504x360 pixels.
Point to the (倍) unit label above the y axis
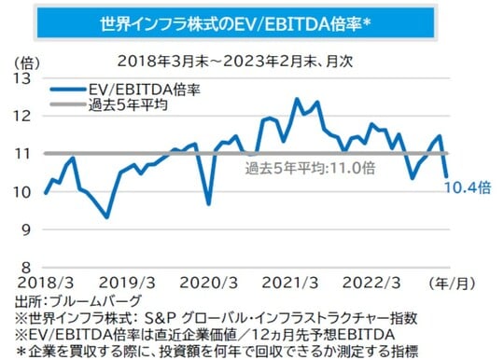[x=28, y=61]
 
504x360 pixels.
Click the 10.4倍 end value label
[x=470, y=187]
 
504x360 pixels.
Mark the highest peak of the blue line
[x=297, y=99]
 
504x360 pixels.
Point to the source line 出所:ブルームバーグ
[x=78, y=300]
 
